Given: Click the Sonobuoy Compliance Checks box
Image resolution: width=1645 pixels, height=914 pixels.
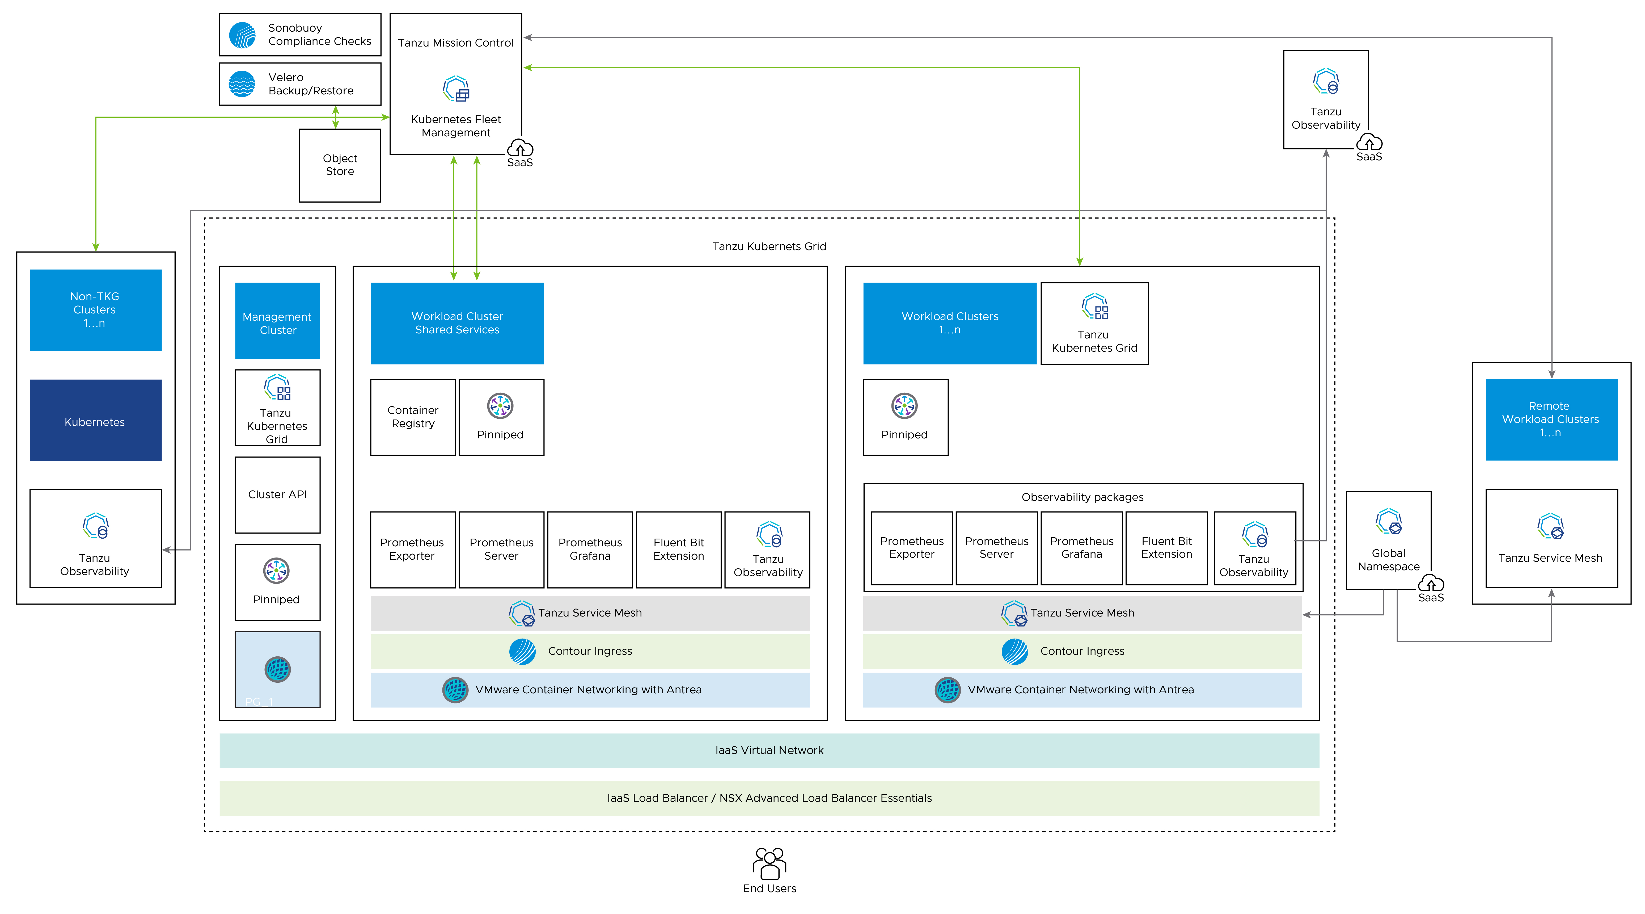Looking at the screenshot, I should [300, 35].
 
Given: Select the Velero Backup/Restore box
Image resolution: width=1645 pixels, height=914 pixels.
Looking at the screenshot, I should [300, 84].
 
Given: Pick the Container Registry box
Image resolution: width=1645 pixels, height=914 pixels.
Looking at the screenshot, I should [413, 417].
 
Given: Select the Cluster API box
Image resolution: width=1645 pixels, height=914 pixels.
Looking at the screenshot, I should [277, 495].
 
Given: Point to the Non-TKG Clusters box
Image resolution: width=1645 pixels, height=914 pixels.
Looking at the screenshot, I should [95, 310].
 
